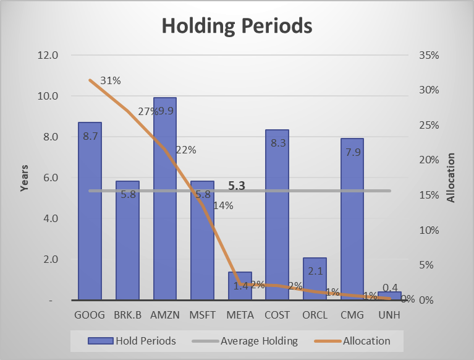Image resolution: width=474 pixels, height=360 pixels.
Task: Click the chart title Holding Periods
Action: tap(237, 27)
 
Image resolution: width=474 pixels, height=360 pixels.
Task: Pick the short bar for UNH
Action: tap(389, 296)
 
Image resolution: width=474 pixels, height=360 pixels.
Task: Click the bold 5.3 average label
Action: tap(237, 184)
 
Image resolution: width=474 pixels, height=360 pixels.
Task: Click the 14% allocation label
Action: tap(222, 205)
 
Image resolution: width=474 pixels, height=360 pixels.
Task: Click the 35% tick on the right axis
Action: tap(429, 55)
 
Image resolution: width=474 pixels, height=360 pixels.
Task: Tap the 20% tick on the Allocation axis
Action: tap(429, 160)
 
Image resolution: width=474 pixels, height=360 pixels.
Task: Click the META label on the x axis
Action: tap(240, 314)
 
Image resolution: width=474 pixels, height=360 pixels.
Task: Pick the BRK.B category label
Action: tap(127, 314)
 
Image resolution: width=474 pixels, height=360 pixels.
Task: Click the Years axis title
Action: tap(25, 178)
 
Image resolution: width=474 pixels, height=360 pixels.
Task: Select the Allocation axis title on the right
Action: tap(451, 178)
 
